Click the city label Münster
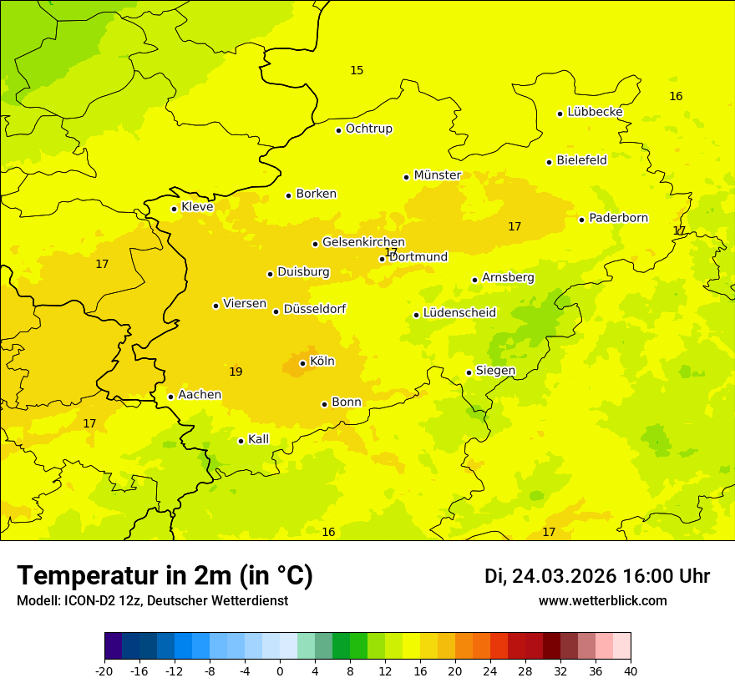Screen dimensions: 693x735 click(x=437, y=175)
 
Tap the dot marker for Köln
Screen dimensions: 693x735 click(x=302, y=363)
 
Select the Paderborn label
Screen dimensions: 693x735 click(x=618, y=218)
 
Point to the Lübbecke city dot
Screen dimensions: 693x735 click(x=560, y=114)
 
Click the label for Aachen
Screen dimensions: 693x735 click(x=200, y=395)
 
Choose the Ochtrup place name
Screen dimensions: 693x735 click(x=368, y=129)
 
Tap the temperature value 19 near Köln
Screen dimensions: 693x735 click(x=236, y=372)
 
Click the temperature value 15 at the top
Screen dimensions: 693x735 click(x=357, y=70)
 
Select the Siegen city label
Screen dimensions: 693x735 click(x=495, y=371)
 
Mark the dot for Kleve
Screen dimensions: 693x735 click(x=174, y=209)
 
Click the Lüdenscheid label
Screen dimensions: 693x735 click(x=459, y=313)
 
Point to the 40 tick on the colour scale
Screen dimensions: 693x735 click(x=631, y=670)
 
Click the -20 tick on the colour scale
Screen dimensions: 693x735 click(x=104, y=670)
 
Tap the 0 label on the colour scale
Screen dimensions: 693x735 click(x=280, y=670)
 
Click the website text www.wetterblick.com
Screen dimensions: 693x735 click(x=602, y=601)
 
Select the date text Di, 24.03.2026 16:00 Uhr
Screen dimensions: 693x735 click(x=597, y=577)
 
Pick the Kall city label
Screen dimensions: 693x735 click(x=258, y=439)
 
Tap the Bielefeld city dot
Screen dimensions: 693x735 click(x=549, y=162)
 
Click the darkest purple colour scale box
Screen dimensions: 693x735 click(x=113, y=646)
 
